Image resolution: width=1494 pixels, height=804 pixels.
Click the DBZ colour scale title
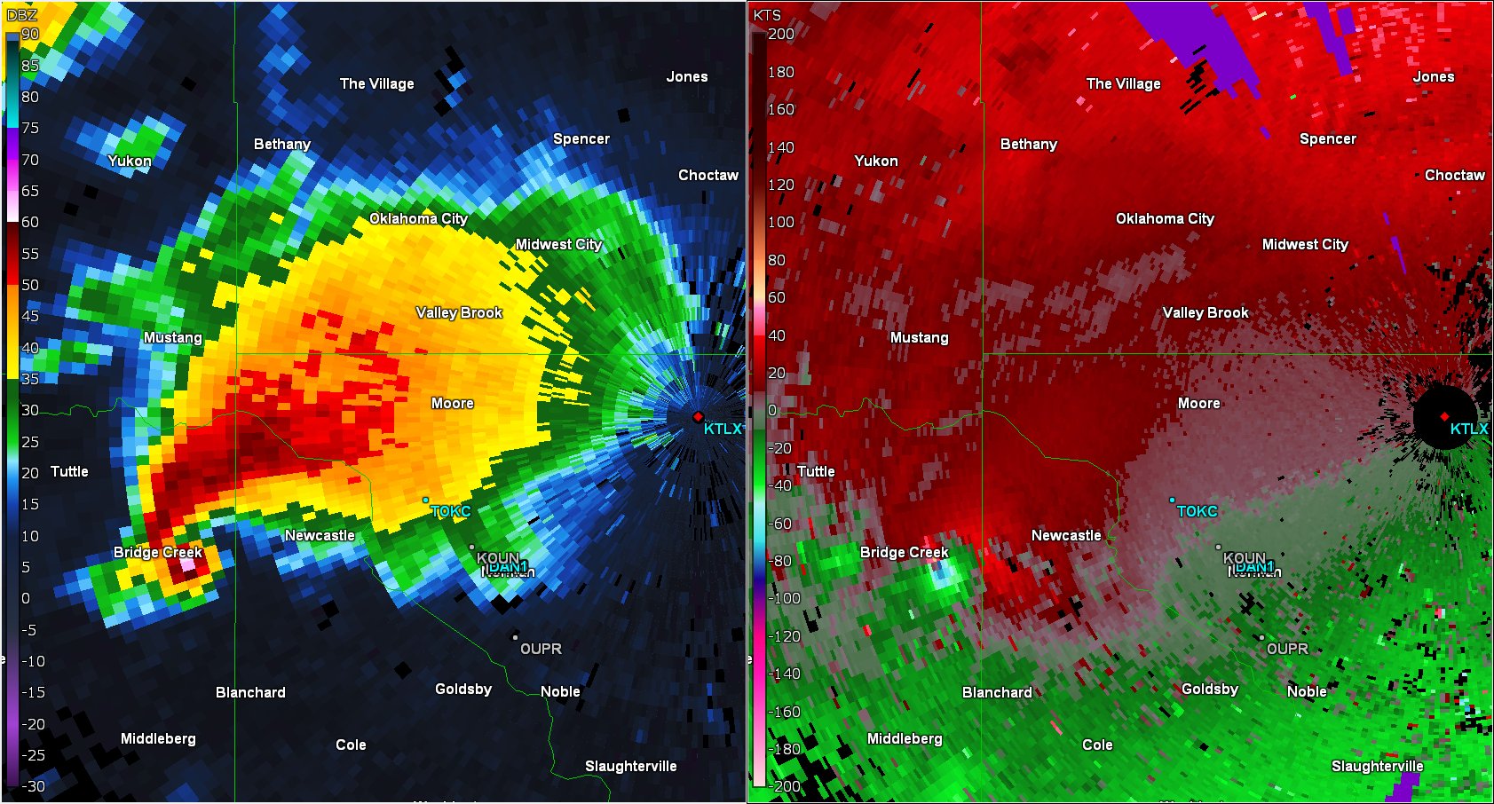click(x=21, y=15)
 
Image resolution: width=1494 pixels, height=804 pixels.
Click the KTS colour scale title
click(x=767, y=15)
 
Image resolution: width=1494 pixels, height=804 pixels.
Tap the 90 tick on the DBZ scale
click(x=30, y=35)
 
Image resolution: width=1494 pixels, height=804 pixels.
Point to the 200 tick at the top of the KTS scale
click(x=781, y=35)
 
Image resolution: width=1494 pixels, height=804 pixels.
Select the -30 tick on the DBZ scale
click(x=33, y=786)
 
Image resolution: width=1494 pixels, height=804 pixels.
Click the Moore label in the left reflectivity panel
click(x=453, y=404)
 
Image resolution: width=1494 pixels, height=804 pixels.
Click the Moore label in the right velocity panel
click(x=1199, y=404)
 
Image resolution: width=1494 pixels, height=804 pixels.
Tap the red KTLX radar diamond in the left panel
click(x=698, y=416)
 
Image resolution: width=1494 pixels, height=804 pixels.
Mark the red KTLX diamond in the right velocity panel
click(x=1444, y=416)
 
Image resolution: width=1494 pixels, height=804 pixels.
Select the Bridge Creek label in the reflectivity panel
click(x=158, y=553)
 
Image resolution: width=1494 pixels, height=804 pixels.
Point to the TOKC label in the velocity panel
click(x=1198, y=512)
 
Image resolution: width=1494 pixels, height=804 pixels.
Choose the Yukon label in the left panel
click(x=130, y=162)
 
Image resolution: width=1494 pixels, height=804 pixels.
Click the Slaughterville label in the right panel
click(x=1378, y=767)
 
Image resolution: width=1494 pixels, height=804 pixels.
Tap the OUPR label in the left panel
click(x=541, y=650)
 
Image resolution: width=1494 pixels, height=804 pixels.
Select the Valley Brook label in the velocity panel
click(x=1205, y=313)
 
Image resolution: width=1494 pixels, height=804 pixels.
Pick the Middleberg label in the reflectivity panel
click(x=158, y=739)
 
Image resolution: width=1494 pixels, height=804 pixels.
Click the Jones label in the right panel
click(x=1434, y=77)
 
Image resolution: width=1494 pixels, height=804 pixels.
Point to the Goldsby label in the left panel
click(x=463, y=690)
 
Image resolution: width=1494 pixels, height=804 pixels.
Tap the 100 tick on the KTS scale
click(x=781, y=222)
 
